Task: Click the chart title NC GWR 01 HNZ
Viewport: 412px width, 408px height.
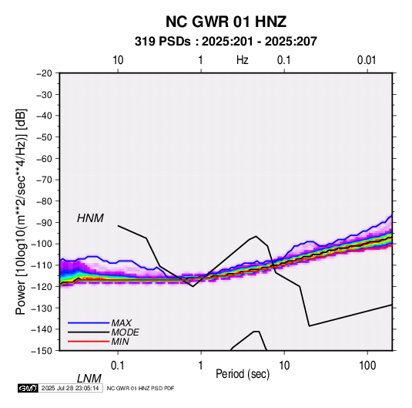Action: (x=226, y=22)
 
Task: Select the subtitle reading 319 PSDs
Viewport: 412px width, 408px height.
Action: (x=162, y=42)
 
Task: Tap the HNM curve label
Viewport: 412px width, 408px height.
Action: (x=90, y=218)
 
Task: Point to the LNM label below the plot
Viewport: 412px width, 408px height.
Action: (x=89, y=379)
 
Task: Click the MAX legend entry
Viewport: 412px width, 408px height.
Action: (x=121, y=322)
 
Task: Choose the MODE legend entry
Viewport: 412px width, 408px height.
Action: (x=125, y=332)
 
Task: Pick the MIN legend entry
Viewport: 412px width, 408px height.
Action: (x=120, y=342)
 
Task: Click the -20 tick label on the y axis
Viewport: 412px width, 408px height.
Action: (x=44, y=73)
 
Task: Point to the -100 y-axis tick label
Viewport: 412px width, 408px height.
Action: (x=42, y=244)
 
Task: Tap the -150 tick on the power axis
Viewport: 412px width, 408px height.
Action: (x=42, y=351)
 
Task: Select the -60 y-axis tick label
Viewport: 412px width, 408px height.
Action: (x=44, y=158)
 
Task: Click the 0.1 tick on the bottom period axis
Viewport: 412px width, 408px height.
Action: (x=118, y=366)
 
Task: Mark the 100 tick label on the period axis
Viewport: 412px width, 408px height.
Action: (x=367, y=366)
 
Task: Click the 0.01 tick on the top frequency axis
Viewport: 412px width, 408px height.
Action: (x=367, y=60)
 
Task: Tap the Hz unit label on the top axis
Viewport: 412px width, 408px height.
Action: (x=243, y=60)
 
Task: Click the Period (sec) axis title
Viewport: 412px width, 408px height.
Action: (x=243, y=374)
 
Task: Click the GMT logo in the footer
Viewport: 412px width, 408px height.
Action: (x=28, y=388)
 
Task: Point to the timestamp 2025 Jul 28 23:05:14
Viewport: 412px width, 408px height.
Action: (x=70, y=388)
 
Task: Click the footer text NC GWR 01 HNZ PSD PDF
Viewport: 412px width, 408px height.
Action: (x=141, y=388)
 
